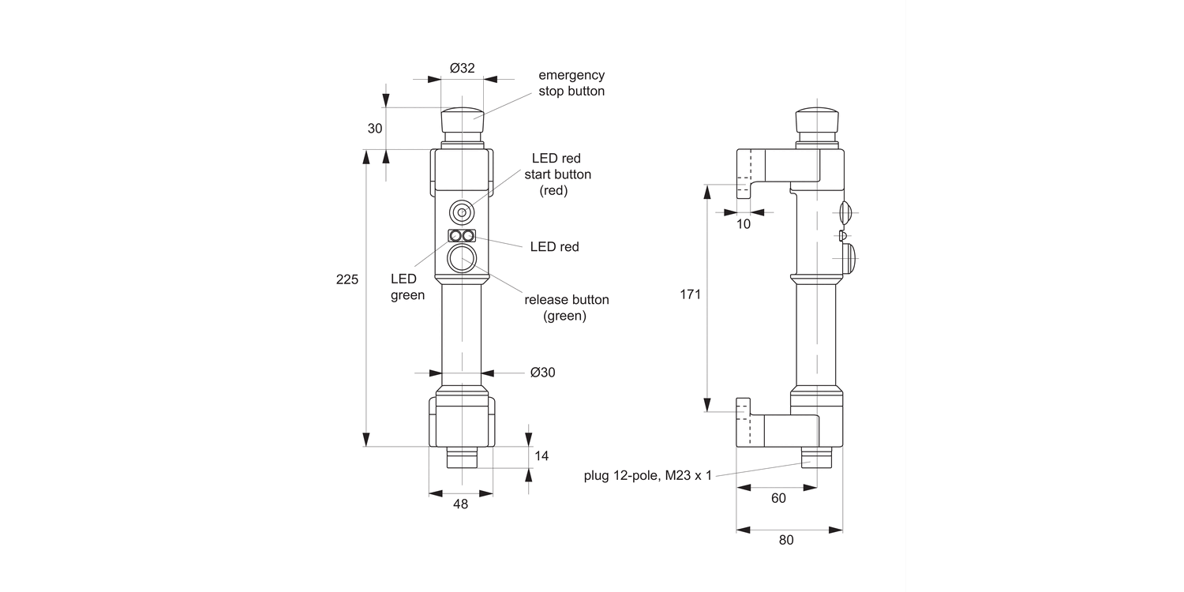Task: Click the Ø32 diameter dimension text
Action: click(463, 68)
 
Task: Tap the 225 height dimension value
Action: click(347, 279)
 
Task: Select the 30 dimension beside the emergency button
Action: click(375, 129)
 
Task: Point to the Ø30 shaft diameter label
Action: click(542, 373)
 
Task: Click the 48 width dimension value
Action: click(461, 504)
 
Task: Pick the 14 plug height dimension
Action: click(541, 455)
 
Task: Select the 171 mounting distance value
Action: click(690, 294)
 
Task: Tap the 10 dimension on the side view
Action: click(744, 224)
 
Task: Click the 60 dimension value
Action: click(777, 498)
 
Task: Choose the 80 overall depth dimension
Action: click(786, 540)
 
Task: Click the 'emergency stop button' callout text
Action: click(571, 83)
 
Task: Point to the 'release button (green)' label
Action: click(566, 308)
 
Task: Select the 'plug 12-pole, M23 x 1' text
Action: click(647, 475)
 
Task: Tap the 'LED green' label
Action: click(407, 287)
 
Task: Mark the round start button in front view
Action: click(462, 212)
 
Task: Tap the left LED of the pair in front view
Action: click(455, 236)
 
